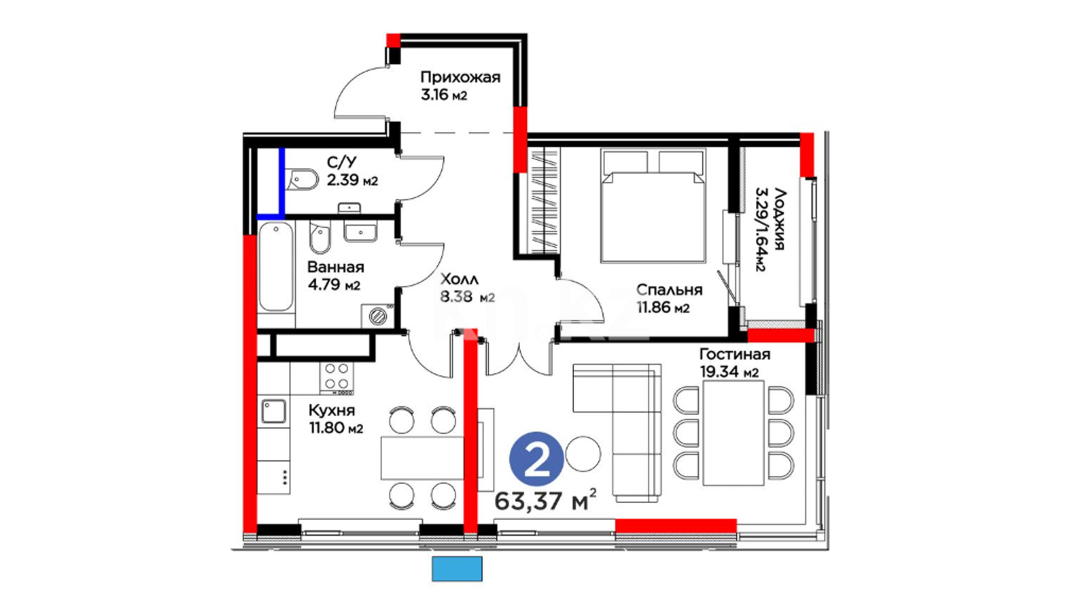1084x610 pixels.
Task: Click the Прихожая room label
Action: (460, 77)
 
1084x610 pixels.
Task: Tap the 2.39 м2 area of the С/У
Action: (352, 181)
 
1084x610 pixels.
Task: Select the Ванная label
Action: (335, 267)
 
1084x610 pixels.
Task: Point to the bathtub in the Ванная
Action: (276, 267)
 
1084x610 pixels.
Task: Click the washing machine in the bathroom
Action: (378, 316)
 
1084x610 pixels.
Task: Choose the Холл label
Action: (459, 279)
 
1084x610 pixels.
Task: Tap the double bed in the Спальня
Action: (654, 206)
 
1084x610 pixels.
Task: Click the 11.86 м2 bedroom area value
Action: (663, 308)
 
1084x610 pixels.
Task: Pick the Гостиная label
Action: (735, 354)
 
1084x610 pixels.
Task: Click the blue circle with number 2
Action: (536, 459)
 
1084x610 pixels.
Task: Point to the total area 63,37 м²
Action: (545, 500)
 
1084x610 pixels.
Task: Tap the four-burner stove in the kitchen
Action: (336, 377)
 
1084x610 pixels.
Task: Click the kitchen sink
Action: (273, 412)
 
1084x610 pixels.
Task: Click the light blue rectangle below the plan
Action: (457, 569)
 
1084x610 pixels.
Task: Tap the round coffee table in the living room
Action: (583, 454)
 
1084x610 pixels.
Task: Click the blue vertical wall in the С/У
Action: (282, 182)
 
